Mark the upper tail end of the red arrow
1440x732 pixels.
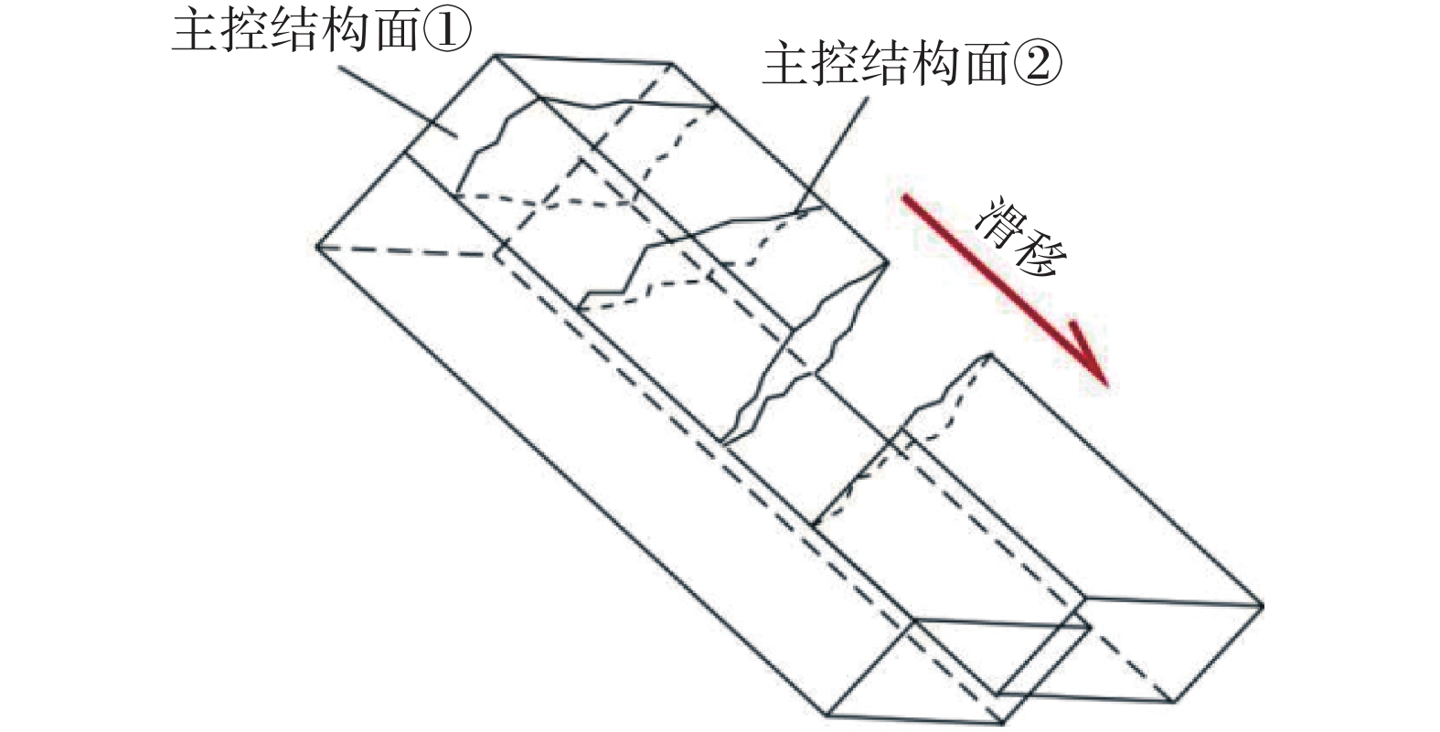tap(904, 196)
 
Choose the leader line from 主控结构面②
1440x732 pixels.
tap(832, 155)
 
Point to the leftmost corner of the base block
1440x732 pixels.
tap(317, 245)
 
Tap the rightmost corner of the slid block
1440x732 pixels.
tap(1263, 605)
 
